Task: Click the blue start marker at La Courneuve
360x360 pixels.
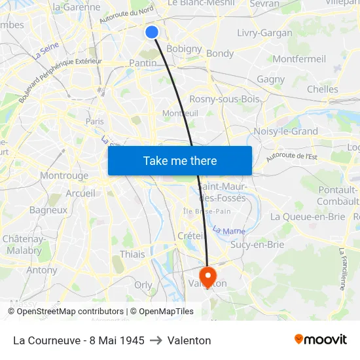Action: click(152, 31)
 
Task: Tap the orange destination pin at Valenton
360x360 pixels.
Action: click(208, 275)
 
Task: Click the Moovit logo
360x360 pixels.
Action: click(320, 340)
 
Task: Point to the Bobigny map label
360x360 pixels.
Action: click(184, 48)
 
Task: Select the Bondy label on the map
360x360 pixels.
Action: click(220, 54)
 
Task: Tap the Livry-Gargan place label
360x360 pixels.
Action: click(264, 32)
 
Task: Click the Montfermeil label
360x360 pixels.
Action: click(299, 59)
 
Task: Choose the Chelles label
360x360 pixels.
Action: click(322, 89)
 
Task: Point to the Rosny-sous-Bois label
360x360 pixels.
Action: click(224, 99)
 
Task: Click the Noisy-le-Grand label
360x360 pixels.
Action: click(285, 131)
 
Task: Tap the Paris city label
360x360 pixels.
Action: click(95, 121)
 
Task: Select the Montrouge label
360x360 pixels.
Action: click(64, 175)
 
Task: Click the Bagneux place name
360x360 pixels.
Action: click(48, 210)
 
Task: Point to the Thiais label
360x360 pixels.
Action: click(132, 254)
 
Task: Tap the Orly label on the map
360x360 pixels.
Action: click(143, 285)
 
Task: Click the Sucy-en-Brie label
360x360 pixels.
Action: click(257, 245)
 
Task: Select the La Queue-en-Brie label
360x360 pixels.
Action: click(307, 217)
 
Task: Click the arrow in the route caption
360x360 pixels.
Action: click(156, 340)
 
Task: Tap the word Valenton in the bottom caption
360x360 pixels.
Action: click(189, 340)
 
